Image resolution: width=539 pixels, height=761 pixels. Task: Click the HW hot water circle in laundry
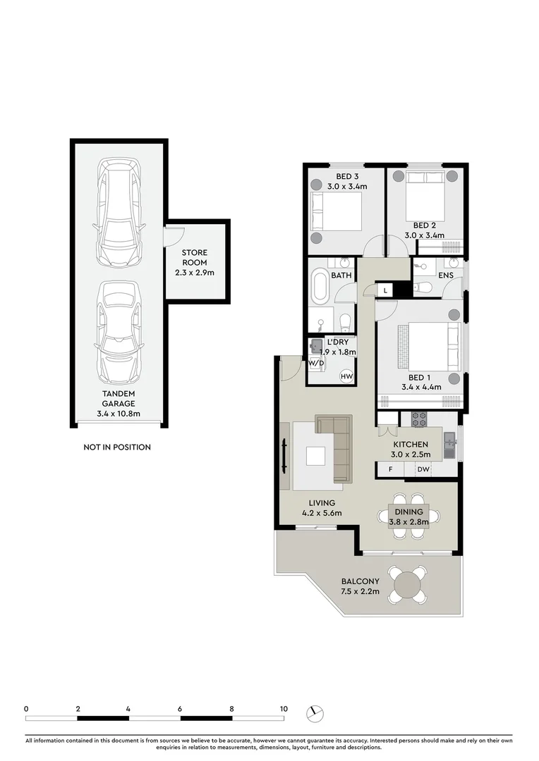346,376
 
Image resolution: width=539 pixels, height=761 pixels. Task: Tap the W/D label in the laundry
316,364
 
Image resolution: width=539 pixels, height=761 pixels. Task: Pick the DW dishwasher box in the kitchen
423,469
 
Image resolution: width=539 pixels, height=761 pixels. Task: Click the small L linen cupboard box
385,290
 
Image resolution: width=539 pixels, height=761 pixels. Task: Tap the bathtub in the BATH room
320,287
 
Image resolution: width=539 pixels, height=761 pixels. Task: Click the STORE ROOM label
195,257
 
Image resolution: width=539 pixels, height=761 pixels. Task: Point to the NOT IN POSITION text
117,447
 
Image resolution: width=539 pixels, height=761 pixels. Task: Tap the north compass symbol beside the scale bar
315,713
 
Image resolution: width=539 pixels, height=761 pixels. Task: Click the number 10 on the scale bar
283,708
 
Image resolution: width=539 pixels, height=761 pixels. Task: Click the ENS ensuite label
446,275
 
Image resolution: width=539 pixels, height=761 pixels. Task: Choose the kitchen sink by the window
450,445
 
